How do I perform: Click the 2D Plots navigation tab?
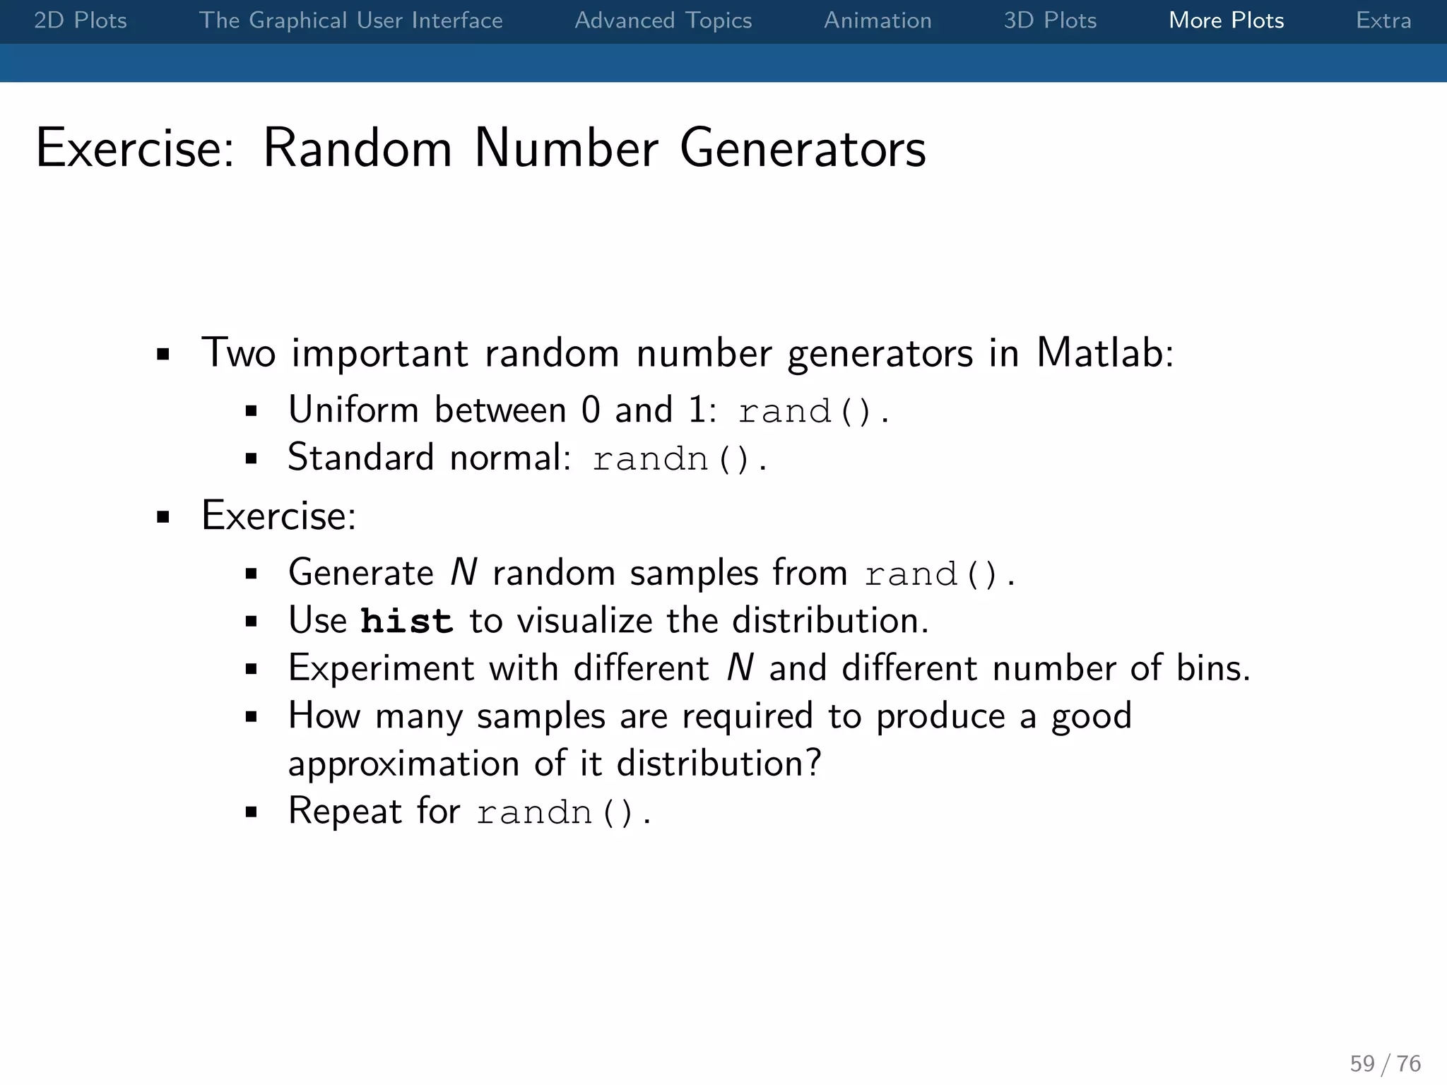[x=81, y=20]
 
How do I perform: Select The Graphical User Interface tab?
[x=350, y=20]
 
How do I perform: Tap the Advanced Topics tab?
[x=663, y=20]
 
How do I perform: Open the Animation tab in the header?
[x=878, y=20]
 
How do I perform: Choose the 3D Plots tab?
[x=1050, y=20]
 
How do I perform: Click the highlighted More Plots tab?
[x=1226, y=20]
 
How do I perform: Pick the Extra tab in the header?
[x=1383, y=20]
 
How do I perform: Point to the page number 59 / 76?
[x=1385, y=1063]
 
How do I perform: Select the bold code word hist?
[x=406, y=621]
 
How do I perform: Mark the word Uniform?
[x=353, y=410]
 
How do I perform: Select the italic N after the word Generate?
[x=463, y=573]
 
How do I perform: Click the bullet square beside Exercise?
[x=163, y=517]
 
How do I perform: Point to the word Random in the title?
[x=357, y=149]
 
